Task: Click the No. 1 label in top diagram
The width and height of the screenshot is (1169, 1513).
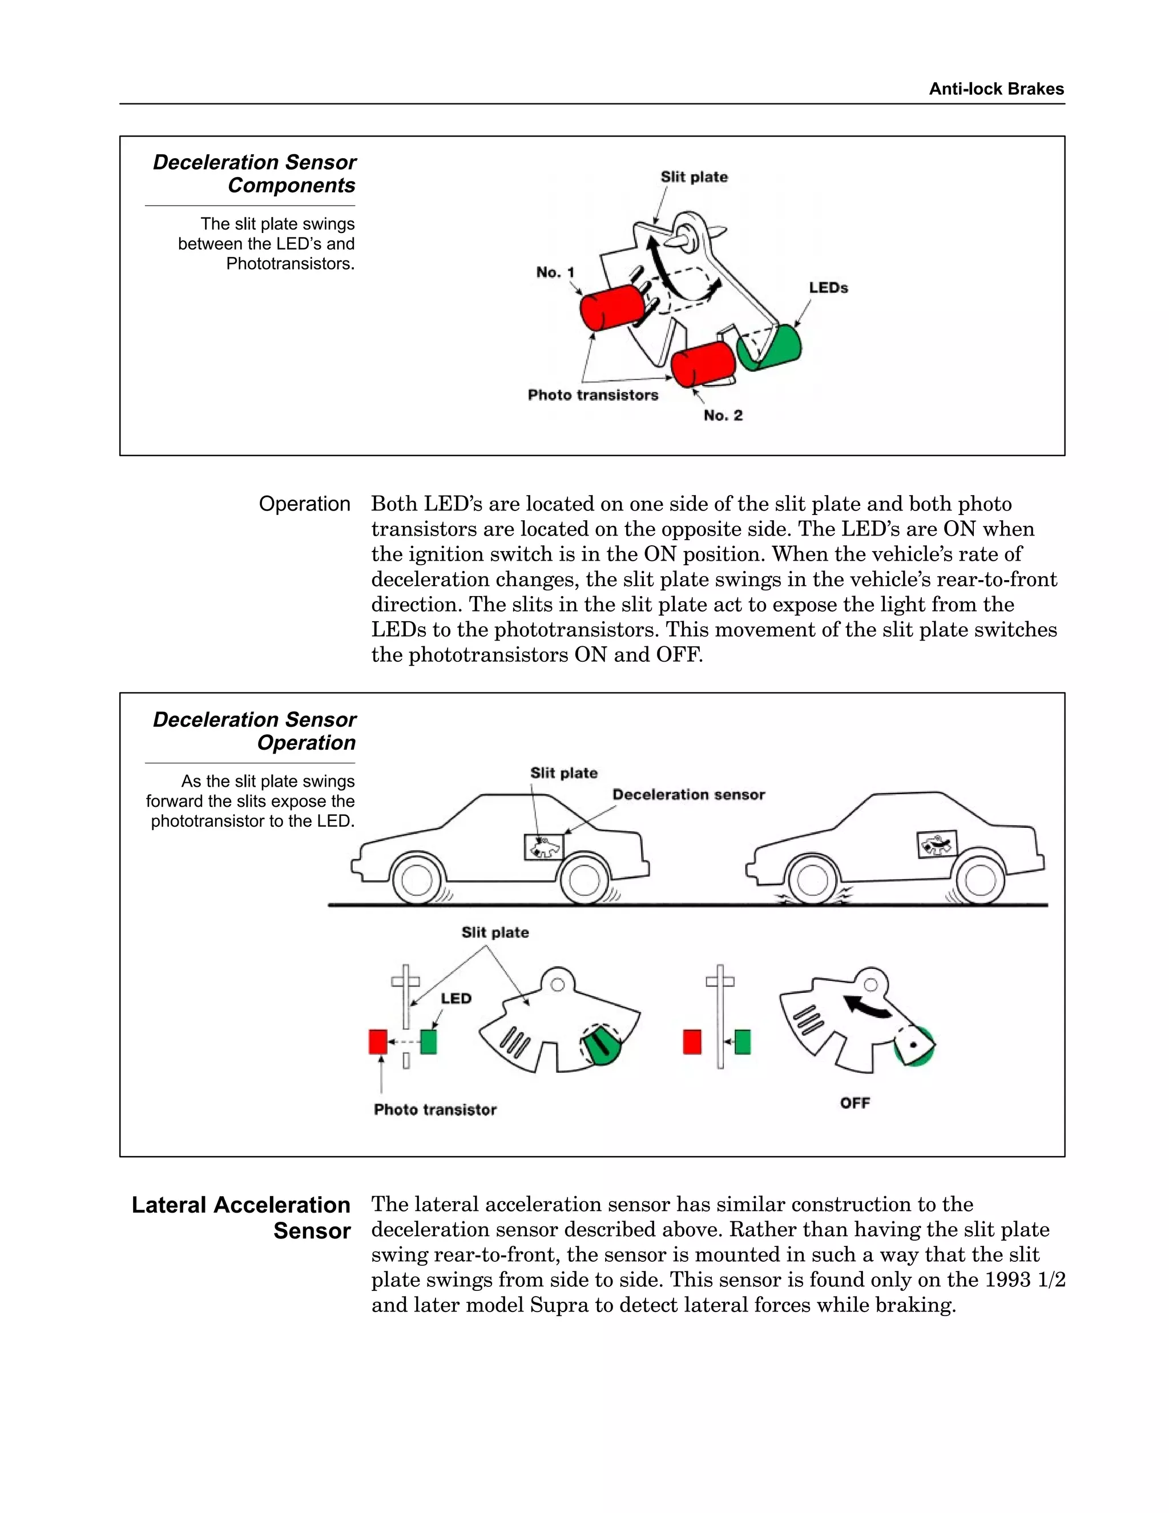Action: (555, 272)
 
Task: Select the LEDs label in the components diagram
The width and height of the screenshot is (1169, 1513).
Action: (828, 288)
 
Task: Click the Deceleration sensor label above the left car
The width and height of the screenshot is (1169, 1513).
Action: (688, 795)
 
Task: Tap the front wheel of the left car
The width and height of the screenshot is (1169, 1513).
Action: (416, 881)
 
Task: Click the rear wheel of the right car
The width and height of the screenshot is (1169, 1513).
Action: (980, 881)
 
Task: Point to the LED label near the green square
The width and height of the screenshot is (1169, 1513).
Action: (455, 998)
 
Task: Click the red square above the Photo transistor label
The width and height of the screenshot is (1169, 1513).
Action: (377, 1042)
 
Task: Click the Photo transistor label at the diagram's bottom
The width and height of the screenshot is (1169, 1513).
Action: (435, 1110)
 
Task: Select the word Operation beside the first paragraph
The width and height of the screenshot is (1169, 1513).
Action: (304, 504)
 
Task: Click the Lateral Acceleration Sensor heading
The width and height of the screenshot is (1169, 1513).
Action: (241, 1217)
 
